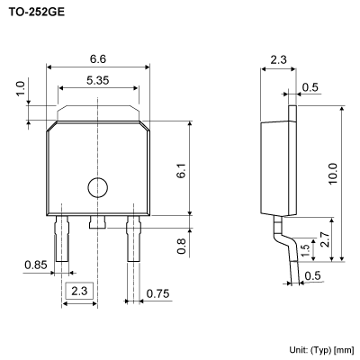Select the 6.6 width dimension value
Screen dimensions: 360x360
point(96,58)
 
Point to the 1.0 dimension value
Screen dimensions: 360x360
point(19,91)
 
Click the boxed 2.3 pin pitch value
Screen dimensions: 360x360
point(79,291)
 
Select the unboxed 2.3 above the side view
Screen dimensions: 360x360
point(279,60)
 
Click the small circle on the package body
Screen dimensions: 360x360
point(96,187)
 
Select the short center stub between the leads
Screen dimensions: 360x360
point(96,220)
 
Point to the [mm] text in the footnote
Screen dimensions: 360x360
point(343,348)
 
